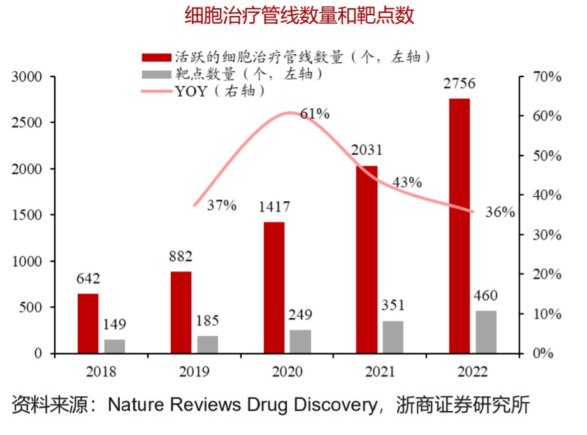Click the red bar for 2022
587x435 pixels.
tap(459, 225)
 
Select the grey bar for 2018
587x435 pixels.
tap(115, 346)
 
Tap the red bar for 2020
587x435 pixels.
tap(274, 287)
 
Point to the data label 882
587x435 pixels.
tap(181, 257)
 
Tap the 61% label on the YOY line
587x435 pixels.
tap(315, 114)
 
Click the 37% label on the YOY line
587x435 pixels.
tap(222, 205)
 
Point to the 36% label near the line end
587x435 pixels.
tap(500, 213)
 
